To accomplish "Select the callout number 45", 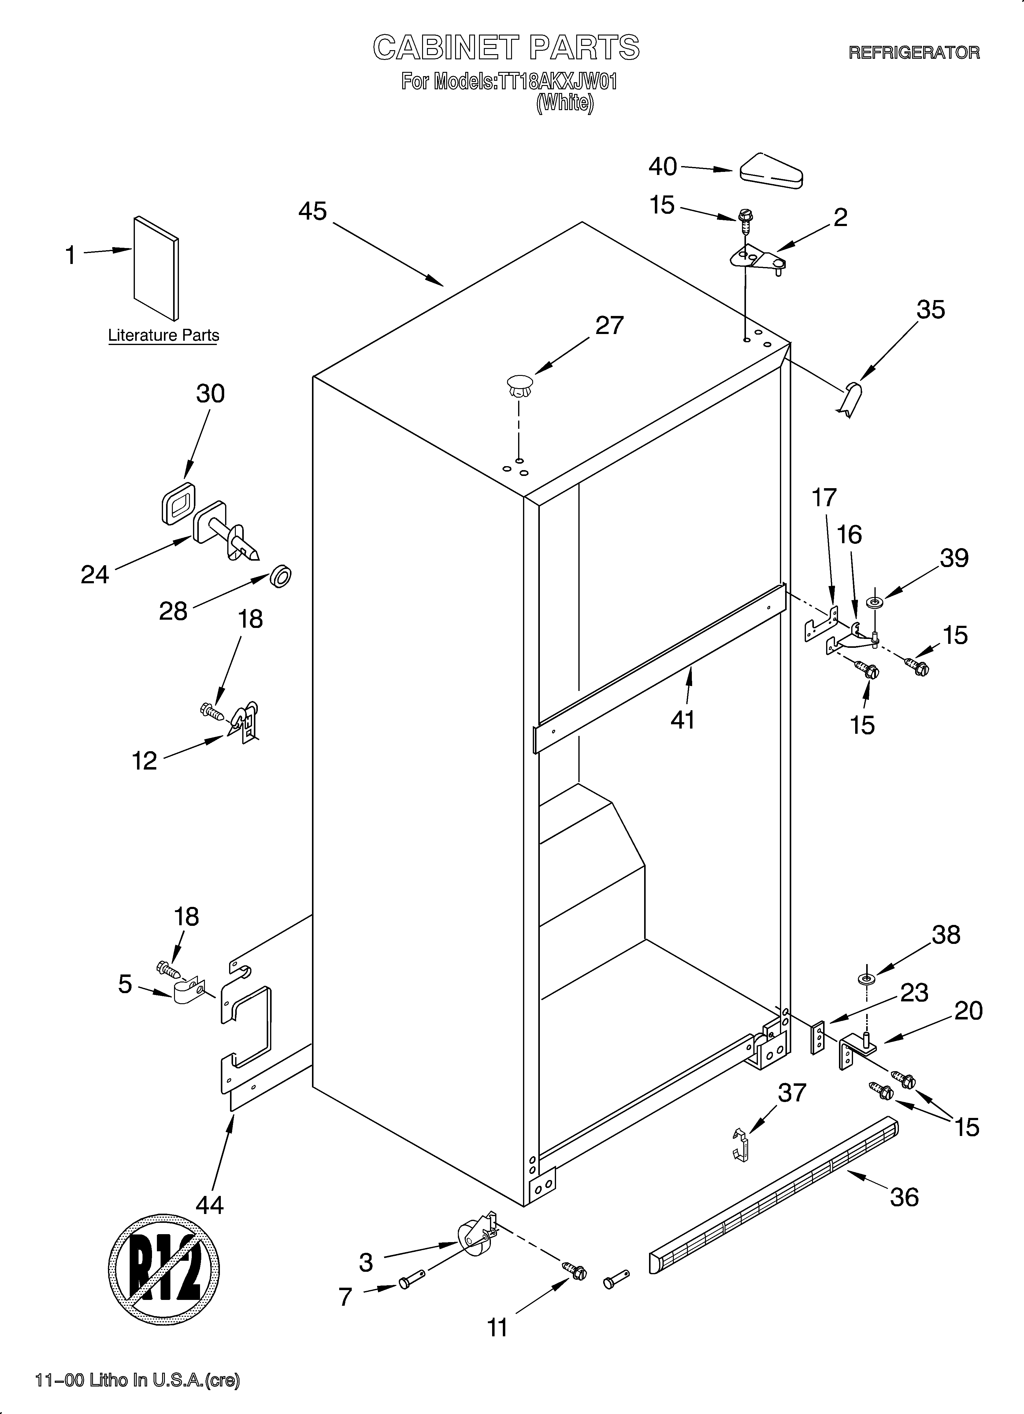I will click(x=313, y=211).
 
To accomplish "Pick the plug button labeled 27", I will click(x=520, y=385).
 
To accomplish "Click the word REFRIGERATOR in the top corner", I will click(x=914, y=52).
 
